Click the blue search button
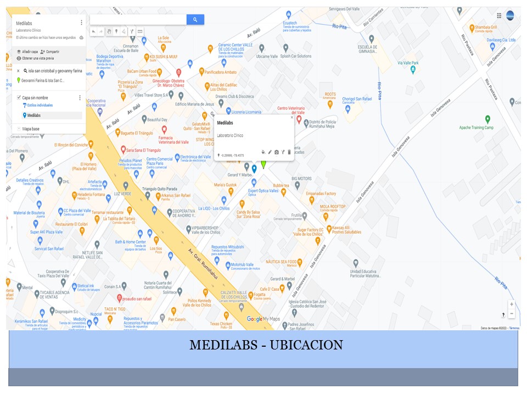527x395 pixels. pyautogui.click(x=195, y=20)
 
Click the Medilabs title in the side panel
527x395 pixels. pyautogui.click(x=24, y=24)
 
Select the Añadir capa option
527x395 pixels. pyautogui.click(x=30, y=52)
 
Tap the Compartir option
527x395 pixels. pyautogui.click(x=52, y=52)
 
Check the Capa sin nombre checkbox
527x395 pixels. pyautogui.click(x=19, y=98)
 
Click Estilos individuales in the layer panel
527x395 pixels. pyautogui.click(x=40, y=105)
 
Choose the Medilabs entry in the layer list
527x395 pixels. pyautogui.click(x=33, y=115)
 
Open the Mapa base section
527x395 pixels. pyautogui.click(x=30, y=129)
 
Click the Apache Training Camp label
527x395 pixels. pyautogui.click(x=476, y=128)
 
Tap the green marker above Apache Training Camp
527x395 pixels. pyautogui.click(x=487, y=119)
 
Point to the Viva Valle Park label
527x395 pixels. pyautogui.click(x=407, y=63)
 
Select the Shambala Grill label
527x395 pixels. pyautogui.click(x=486, y=27)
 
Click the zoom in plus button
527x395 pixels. pyautogui.click(x=512, y=304)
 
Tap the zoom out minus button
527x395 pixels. pyautogui.click(x=512, y=314)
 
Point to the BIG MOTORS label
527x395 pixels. pyautogui.click(x=301, y=179)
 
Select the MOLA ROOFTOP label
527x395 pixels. pyautogui.click(x=333, y=207)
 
